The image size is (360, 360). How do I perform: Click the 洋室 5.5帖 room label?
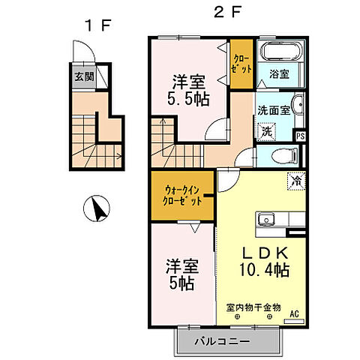[187, 89]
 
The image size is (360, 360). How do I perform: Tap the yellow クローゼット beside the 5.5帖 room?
[241, 63]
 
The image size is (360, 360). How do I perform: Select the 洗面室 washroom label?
[272, 109]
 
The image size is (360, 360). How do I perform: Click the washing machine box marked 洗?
[266, 130]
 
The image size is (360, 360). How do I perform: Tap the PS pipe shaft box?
[300, 136]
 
